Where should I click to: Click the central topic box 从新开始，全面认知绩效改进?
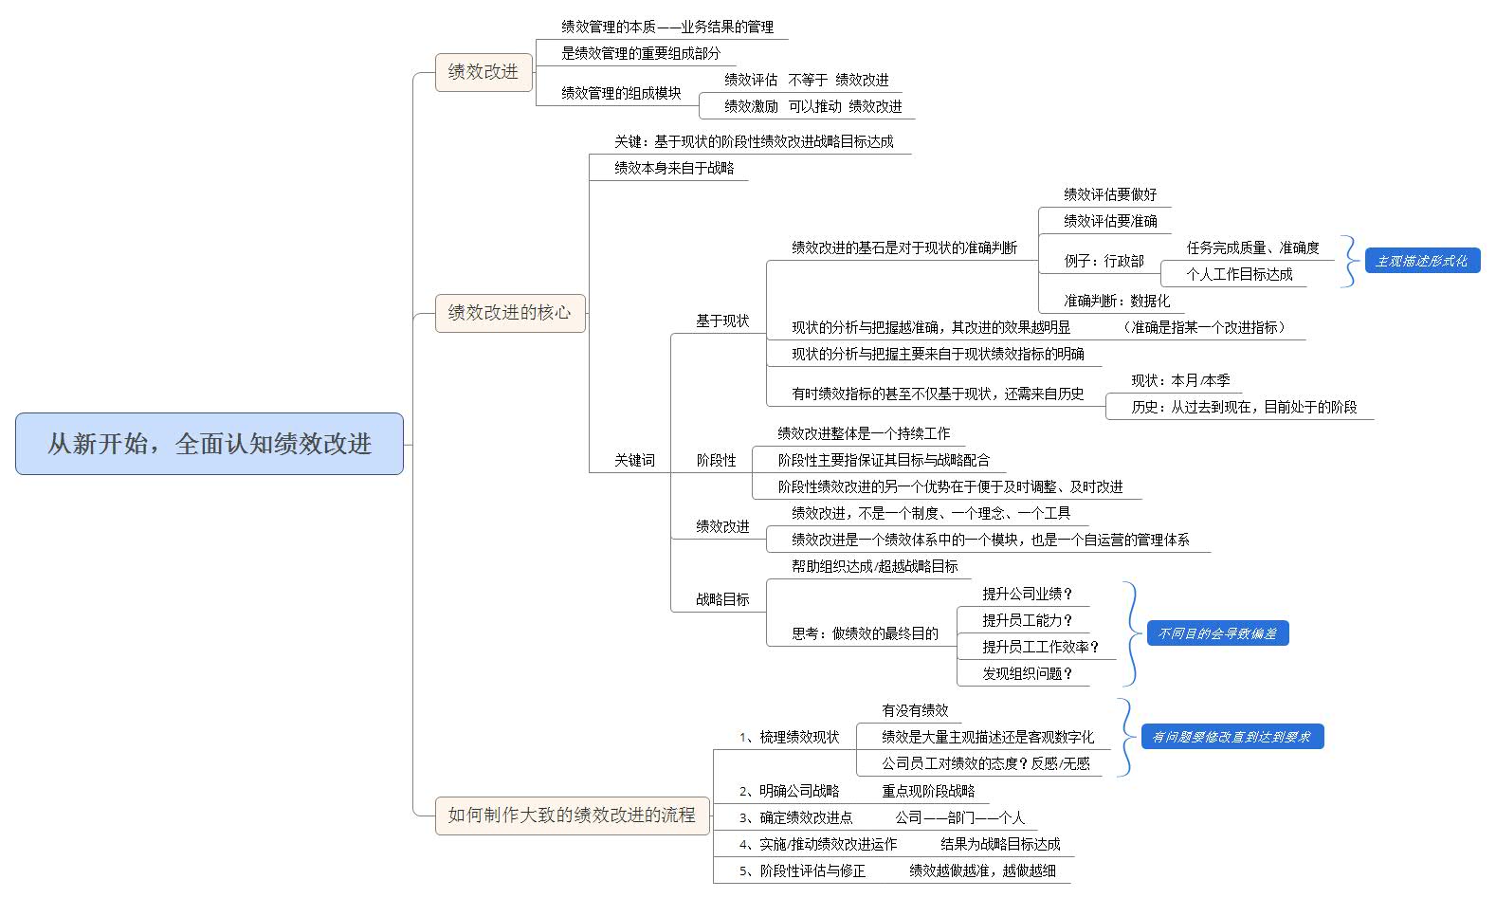209,444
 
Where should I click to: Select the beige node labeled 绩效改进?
483,72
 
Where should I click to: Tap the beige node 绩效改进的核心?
510,313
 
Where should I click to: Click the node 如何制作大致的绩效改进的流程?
572,816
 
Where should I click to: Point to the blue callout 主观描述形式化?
1422,261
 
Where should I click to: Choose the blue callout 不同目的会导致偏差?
1217,633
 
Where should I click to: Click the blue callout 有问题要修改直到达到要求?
1232,737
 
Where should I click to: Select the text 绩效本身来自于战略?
674,168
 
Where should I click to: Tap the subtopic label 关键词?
634,460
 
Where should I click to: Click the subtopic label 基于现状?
722,321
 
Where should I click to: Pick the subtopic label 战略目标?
722,599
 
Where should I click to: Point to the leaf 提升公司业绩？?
1027,594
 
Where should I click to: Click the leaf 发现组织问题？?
1027,673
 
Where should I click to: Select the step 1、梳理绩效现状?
790,737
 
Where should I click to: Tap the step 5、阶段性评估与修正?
802,871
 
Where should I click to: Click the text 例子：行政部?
1104,261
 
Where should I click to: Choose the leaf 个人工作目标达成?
1239,274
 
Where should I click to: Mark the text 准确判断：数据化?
1117,301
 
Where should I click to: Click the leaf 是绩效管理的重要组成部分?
641,53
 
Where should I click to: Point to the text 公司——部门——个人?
959,817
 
